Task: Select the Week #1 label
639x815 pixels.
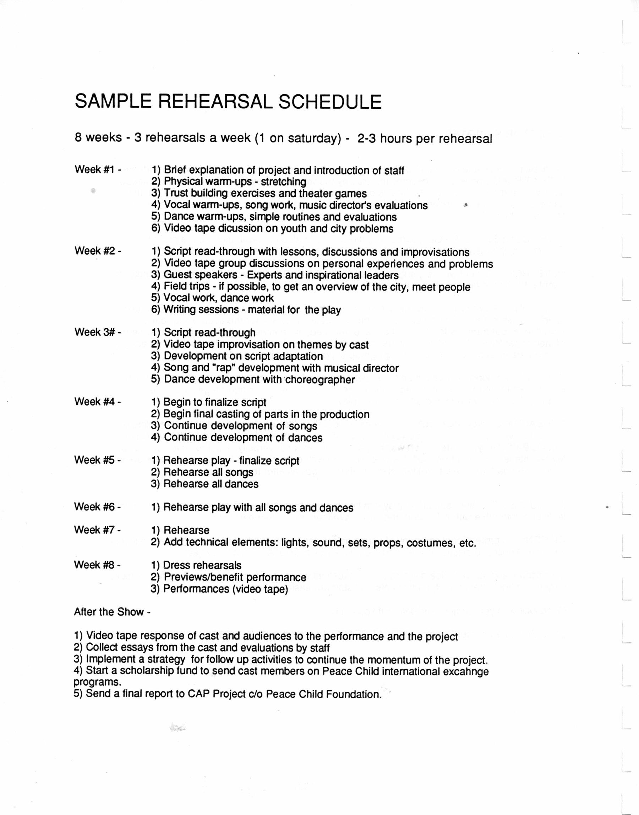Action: coord(98,169)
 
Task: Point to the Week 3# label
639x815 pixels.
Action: coord(98,332)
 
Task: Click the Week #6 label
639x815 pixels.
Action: coord(97,507)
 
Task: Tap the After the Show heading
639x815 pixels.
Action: coord(112,612)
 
